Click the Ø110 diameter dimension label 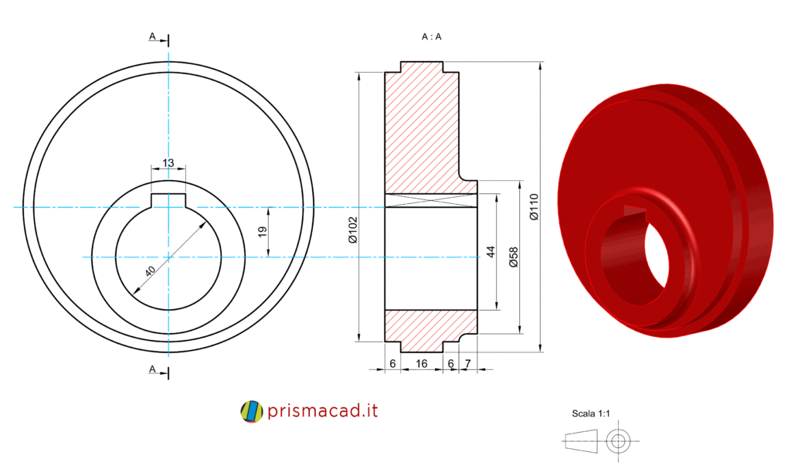coord(535,207)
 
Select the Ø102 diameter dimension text coord(352,230)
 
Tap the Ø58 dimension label coord(514,257)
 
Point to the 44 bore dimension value coord(491,251)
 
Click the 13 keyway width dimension coord(168,162)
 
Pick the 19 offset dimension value coord(262,232)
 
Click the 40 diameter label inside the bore coord(151,271)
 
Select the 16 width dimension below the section coord(421,363)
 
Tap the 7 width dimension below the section coord(467,363)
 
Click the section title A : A coord(431,37)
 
